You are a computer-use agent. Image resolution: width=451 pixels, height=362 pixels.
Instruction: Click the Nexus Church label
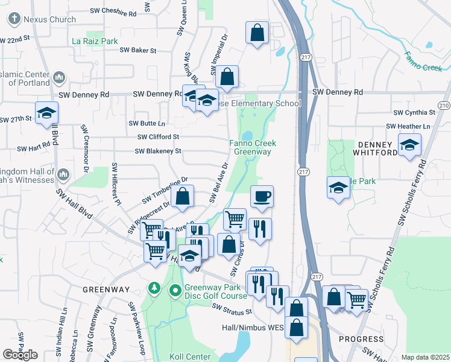(49, 19)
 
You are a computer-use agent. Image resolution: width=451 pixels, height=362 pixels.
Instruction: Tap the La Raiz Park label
(95, 41)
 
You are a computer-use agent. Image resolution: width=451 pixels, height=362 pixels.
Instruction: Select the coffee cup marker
(262, 197)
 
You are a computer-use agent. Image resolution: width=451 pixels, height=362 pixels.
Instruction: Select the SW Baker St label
(137, 51)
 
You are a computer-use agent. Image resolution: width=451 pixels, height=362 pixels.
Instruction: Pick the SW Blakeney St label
(158, 151)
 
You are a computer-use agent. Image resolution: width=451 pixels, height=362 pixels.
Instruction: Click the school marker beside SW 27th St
(46, 113)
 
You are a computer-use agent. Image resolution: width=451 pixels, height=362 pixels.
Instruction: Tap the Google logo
(20, 355)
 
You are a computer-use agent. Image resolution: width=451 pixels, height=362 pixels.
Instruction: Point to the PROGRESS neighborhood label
(361, 339)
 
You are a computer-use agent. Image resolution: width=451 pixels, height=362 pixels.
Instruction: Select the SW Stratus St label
(232, 310)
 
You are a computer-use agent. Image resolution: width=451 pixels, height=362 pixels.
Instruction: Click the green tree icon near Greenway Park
(155, 288)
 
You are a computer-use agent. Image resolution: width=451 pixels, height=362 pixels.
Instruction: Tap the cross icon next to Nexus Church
(14, 19)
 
